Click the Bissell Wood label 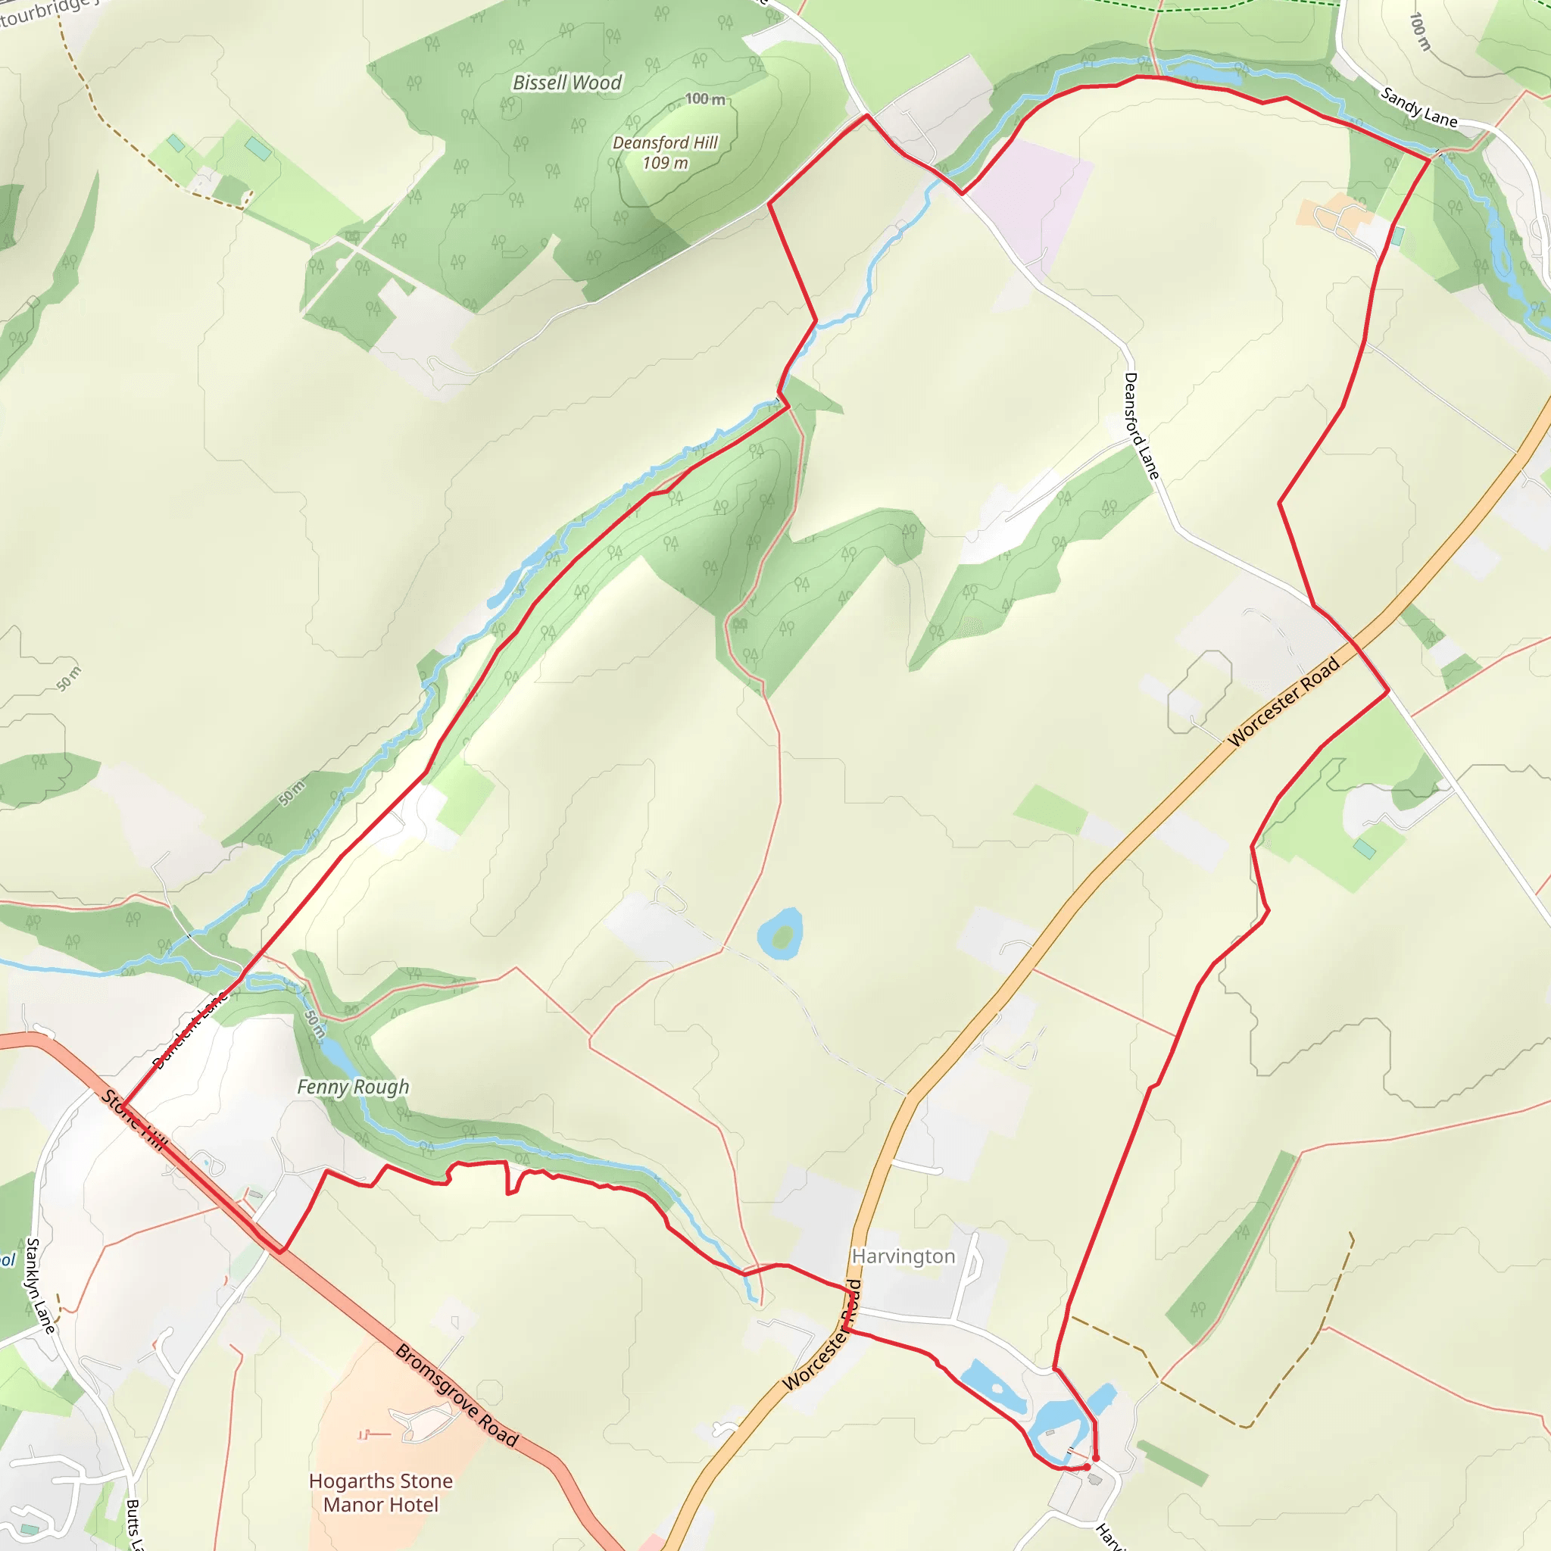coord(567,83)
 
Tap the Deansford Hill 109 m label coord(665,152)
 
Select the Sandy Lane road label coord(1418,108)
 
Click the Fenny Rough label coord(353,1087)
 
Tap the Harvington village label coord(903,1256)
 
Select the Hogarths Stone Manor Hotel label coord(380,1493)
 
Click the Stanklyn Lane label coord(40,1285)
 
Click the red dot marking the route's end coord(1096,1458)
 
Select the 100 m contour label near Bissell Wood coord(705,98)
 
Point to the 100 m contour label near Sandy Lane coord(1419,32)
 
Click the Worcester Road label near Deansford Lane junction coord(1284,701)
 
